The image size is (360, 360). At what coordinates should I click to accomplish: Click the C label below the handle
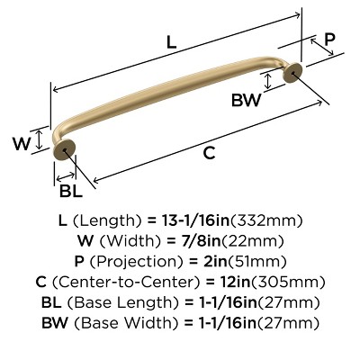(209, 153)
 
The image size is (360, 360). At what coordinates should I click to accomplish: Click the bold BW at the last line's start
(52, 324)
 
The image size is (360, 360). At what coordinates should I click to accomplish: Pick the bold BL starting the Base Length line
(50, 303)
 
